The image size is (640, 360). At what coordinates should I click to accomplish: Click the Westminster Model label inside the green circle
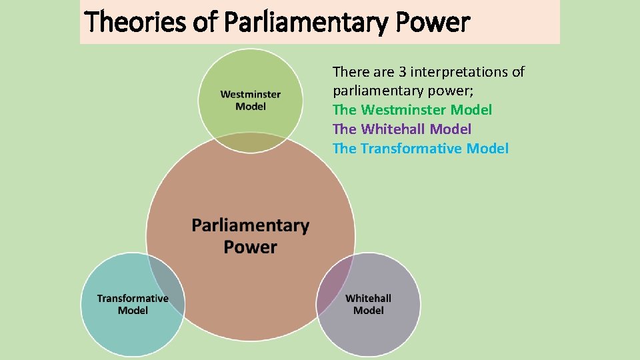pyautogui.click(x=251, y=101)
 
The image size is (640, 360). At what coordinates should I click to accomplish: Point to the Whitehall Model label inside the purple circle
pyautogui.click(x=369, y=304)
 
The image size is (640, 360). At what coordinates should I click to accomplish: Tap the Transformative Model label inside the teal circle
pyautogui.click(x=133, y=304)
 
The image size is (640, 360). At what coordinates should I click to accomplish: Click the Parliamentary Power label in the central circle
pyautogui.click(x=250, y=236)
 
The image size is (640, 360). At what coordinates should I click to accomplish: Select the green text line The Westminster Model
pyautogui.click(x=412, y=110)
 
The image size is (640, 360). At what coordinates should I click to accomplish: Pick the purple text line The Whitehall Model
pyautogui.click(x=401, y=129)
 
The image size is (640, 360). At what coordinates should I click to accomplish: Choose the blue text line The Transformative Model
pyautogui.click(x=420, y=149)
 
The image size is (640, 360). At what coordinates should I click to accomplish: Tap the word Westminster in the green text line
pyautogui.click(x=403, y=110)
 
